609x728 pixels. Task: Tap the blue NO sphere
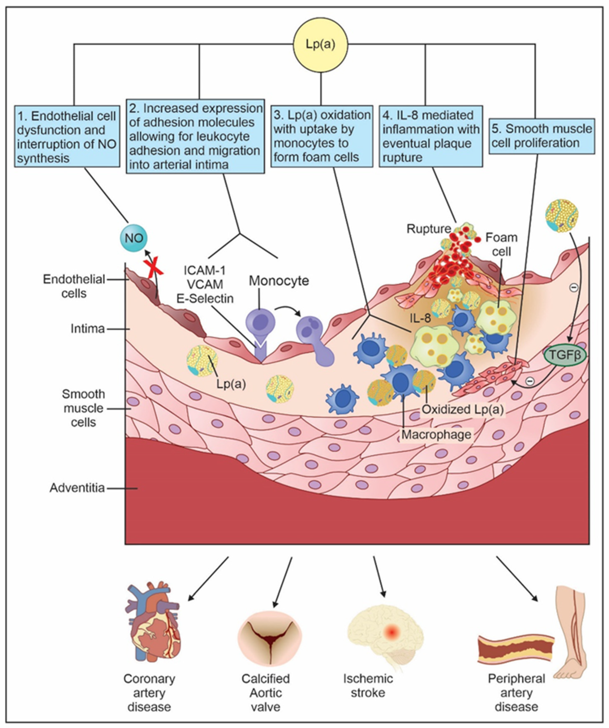click(x=134, y=238)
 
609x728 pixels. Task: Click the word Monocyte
click(x=279, y=280)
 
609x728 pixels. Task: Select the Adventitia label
click(x=77, y=488)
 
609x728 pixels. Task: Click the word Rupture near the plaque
click(x=428, y=229)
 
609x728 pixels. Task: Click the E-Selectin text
click(x=205, y=298)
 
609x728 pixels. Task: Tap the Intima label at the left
click(x=88, y=329)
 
